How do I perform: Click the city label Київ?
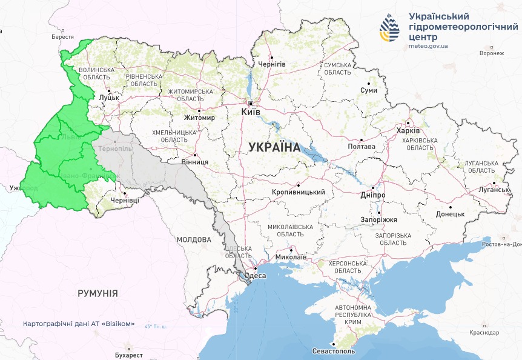coord(251,113)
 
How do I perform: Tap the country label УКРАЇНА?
coord(274,147)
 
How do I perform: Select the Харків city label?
coord(408,130)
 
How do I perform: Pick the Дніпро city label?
coord(372,196)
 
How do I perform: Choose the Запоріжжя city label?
coord(378,219)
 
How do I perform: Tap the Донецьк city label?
coord(450,214)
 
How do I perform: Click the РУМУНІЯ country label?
coord(97,293)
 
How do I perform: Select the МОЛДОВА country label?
coord(194,239)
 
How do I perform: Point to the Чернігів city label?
coord(272,64)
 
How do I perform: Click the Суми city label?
coord(369,90)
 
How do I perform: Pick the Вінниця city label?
coord(195,162)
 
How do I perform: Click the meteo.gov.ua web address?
coord(428,45)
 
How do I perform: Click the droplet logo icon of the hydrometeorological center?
coord(389,28)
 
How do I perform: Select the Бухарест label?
coord(128,355)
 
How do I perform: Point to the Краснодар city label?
coord(484,333)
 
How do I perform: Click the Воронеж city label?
coord(491,53)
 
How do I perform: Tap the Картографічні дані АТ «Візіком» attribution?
coord(79,324)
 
